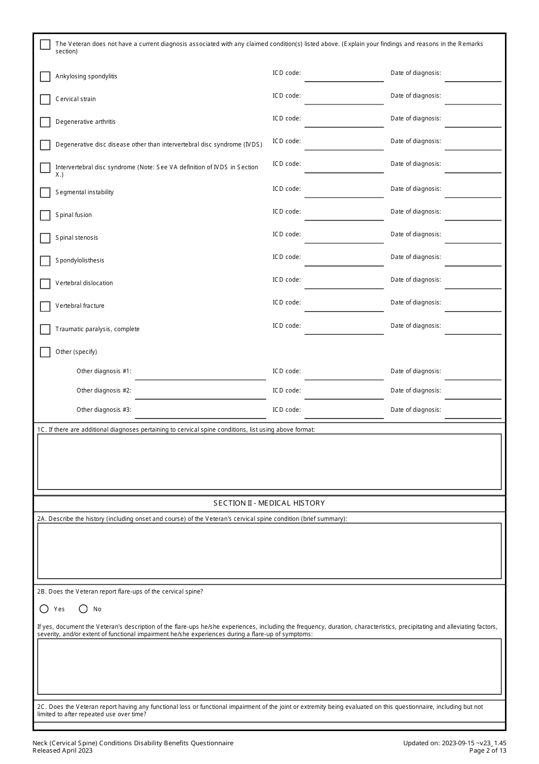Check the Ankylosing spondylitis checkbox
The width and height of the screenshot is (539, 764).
point(45,77)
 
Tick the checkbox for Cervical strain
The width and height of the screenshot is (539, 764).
point(45,99)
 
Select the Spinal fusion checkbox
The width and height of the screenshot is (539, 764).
point(45,215)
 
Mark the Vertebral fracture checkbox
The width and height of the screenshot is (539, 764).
point(45,306)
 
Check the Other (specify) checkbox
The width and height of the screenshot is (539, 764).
point(45,352)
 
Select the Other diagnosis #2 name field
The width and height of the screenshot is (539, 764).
point(200,393)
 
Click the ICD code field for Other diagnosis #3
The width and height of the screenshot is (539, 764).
point(344,412)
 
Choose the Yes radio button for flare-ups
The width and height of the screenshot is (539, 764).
point(44,609)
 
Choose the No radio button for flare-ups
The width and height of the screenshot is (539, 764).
point(83,609)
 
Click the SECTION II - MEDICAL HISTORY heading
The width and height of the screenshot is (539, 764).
point(269,503)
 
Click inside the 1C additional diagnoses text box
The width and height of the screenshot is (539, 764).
point(269,461)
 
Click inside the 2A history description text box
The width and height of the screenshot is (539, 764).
point(269,550)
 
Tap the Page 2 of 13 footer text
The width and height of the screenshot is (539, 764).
point(487,750)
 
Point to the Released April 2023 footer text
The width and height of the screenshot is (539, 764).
point(62,750)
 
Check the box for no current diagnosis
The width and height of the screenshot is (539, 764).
point(45,44)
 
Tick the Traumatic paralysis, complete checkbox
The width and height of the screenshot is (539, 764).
point(45,329)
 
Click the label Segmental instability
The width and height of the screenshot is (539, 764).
point(85,193)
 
